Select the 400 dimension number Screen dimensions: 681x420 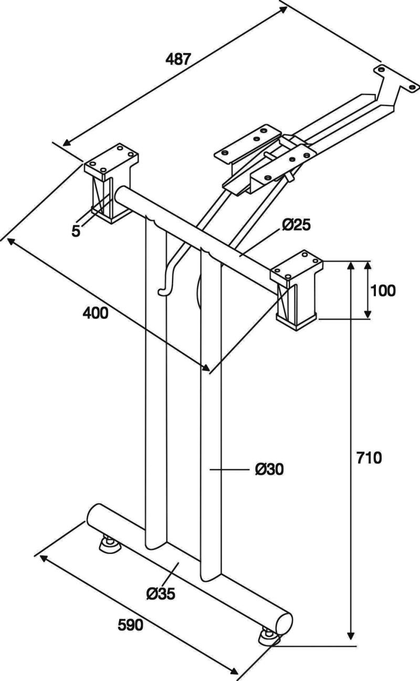coord(96,313)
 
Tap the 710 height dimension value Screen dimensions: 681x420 coord(369,457)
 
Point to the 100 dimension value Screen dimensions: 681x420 coord(382,290)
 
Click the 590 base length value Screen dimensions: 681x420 coord(130,625)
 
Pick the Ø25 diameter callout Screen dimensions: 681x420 coord(297,225)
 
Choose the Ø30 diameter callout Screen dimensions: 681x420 coord(269,469)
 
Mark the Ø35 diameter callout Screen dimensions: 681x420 coord(161,593)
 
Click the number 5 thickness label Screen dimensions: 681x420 coord(76,230)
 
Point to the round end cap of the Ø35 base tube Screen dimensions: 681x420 coord(284,625)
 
